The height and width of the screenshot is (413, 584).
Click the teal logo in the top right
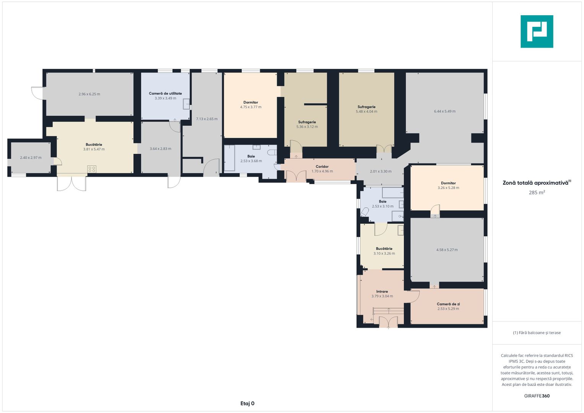tap(537, 31)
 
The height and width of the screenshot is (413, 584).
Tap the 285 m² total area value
tap(537, 192)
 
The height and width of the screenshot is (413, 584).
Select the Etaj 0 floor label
tap(247, 403)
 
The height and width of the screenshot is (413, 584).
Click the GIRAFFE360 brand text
tap(537, 396)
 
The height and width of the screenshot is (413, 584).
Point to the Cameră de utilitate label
tap(165, 93)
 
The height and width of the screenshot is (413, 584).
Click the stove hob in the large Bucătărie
tap(92, 169)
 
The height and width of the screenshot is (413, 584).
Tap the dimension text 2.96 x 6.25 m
tap(89, 94)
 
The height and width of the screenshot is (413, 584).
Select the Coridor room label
tap(322, 166)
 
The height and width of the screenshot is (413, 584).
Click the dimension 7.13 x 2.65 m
tap(207, 119)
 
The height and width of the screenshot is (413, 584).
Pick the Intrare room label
tap(382, 291)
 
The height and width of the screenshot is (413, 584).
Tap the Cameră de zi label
tap(448, 304)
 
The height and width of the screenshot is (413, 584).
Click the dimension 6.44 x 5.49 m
tap(445, 111)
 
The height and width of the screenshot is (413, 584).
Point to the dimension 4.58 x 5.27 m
tap(447, 250)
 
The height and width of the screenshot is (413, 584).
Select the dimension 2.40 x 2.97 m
tap(31, 158)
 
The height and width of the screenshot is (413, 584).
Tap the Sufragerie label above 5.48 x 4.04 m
tap(366, 107)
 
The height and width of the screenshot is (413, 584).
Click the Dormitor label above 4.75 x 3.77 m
tap(251, 102)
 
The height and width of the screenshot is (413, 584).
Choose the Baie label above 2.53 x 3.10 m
tap(382, 202)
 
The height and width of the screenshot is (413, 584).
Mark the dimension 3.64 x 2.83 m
tap(160, 149)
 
